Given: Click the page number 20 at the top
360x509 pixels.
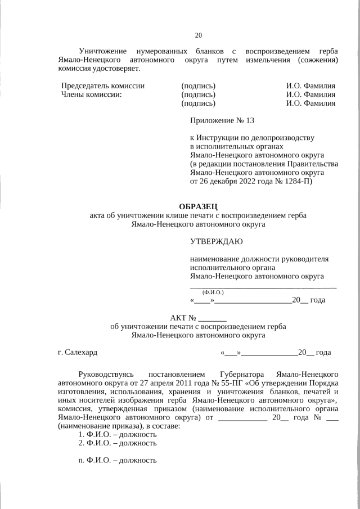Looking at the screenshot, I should (x=198, y=35).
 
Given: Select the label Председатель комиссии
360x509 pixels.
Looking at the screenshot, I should (x=102, y=86).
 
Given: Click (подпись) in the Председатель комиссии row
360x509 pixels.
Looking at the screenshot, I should (x=198, y=86).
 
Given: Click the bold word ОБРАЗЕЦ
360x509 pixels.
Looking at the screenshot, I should (x=197, y=206).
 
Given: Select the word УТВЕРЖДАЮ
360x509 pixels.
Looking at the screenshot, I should (x=217, y=242).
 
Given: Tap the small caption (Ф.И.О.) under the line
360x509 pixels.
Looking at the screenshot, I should (x=213, y=292).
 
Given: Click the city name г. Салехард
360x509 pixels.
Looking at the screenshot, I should (x=78, y=353).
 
